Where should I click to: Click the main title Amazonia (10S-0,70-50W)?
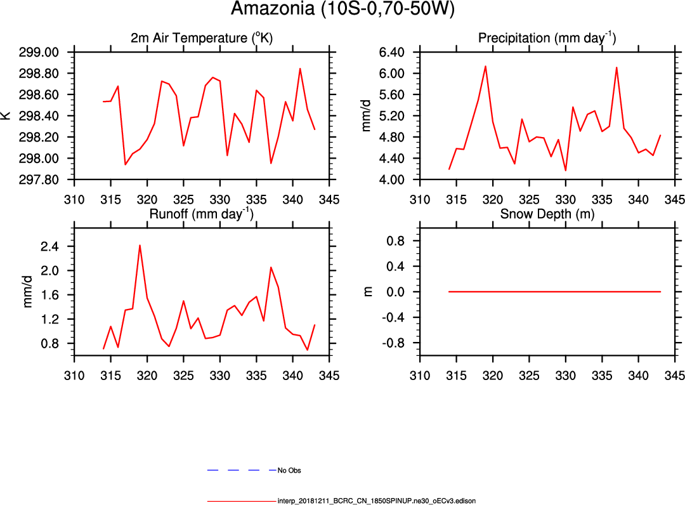(342, 10)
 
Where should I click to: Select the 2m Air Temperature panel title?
(202, 38)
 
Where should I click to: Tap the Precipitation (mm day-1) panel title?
(547, 38)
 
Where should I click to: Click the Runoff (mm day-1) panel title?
(202, 214)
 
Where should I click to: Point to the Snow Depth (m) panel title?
(547, 214)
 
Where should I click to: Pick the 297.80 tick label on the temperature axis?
(42, 180)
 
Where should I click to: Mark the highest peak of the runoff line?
(140, 245)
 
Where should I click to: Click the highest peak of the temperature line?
(300, 69)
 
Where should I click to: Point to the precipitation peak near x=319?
(485, 66)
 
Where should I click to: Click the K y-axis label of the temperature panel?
(6, 116)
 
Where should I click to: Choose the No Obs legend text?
(289, 471)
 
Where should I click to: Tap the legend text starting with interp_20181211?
(377, 501)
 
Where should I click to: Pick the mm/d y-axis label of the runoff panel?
(28, 292)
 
